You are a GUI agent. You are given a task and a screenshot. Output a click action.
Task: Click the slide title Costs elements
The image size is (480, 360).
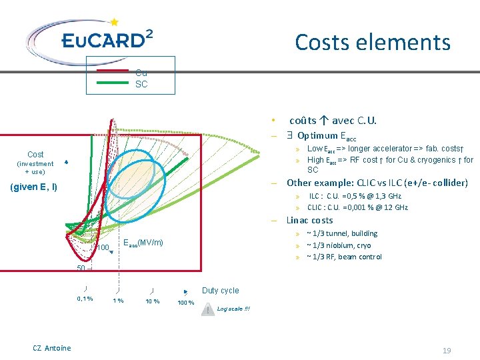pos(373,43)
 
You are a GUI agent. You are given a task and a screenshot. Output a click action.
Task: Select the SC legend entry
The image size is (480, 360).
pos(141,85)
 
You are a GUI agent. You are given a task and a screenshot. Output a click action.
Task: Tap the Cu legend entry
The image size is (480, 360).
pos(141,73)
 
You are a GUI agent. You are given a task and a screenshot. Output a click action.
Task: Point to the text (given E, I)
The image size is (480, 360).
pos(34,187)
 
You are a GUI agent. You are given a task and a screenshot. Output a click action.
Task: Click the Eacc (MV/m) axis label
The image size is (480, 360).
pos(143,242)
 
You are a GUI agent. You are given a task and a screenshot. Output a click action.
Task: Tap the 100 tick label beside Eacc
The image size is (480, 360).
pos(102,248)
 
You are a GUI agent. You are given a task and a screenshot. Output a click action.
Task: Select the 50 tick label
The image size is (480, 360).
pos(80,268)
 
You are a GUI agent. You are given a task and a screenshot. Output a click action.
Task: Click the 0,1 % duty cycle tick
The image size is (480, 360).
pos(85,299)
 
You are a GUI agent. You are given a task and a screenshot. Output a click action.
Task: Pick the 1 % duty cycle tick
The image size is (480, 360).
pos(118,301)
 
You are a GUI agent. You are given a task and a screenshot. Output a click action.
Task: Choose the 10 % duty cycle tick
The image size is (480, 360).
pos(152,301)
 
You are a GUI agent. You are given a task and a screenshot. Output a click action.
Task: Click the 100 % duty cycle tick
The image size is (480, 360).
pos(186,303)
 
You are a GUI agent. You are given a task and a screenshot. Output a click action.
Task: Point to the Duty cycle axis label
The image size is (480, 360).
pos(220,291)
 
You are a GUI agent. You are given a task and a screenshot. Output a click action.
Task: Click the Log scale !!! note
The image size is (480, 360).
pos(233,309)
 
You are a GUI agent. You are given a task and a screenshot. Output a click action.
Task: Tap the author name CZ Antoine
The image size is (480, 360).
pos(51,348)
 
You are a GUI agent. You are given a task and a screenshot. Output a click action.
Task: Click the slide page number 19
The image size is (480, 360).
pos(447,350)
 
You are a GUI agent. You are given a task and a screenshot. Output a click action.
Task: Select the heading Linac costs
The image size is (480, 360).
pos(309,220)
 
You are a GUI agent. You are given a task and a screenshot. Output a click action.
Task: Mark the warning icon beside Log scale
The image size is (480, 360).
pos(209,310)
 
